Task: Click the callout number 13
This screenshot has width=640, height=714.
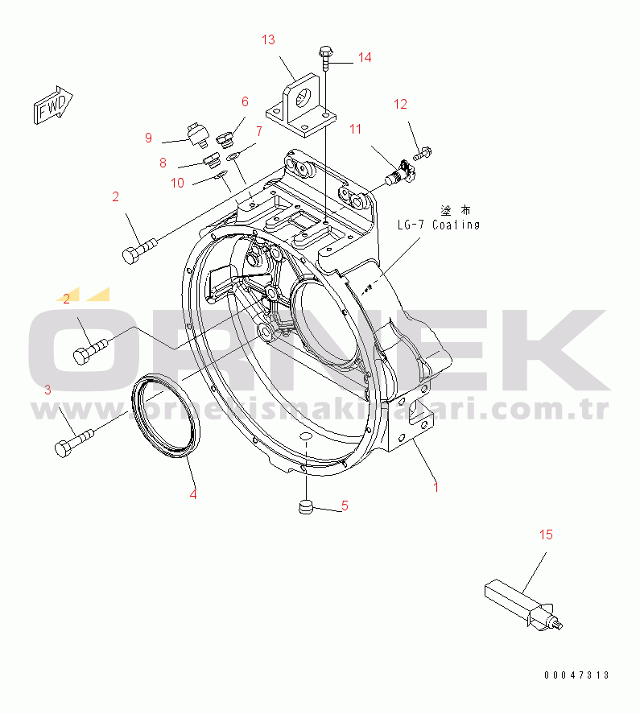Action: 268,39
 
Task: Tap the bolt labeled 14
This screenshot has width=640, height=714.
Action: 324,59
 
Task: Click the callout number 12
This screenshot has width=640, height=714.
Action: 400,104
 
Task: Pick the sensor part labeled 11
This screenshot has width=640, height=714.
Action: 399,171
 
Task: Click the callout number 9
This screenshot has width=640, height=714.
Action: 148,138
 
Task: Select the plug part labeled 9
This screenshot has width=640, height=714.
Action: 196,133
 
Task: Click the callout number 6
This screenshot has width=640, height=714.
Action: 245,101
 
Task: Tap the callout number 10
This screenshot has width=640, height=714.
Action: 177,183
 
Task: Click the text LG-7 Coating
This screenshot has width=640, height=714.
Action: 438,225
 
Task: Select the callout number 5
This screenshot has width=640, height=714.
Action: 344,506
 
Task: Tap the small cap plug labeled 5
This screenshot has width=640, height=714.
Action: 306,507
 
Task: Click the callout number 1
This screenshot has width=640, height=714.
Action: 436,487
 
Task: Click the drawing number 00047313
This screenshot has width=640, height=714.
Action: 576,675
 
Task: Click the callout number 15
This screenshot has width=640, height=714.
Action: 546,534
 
